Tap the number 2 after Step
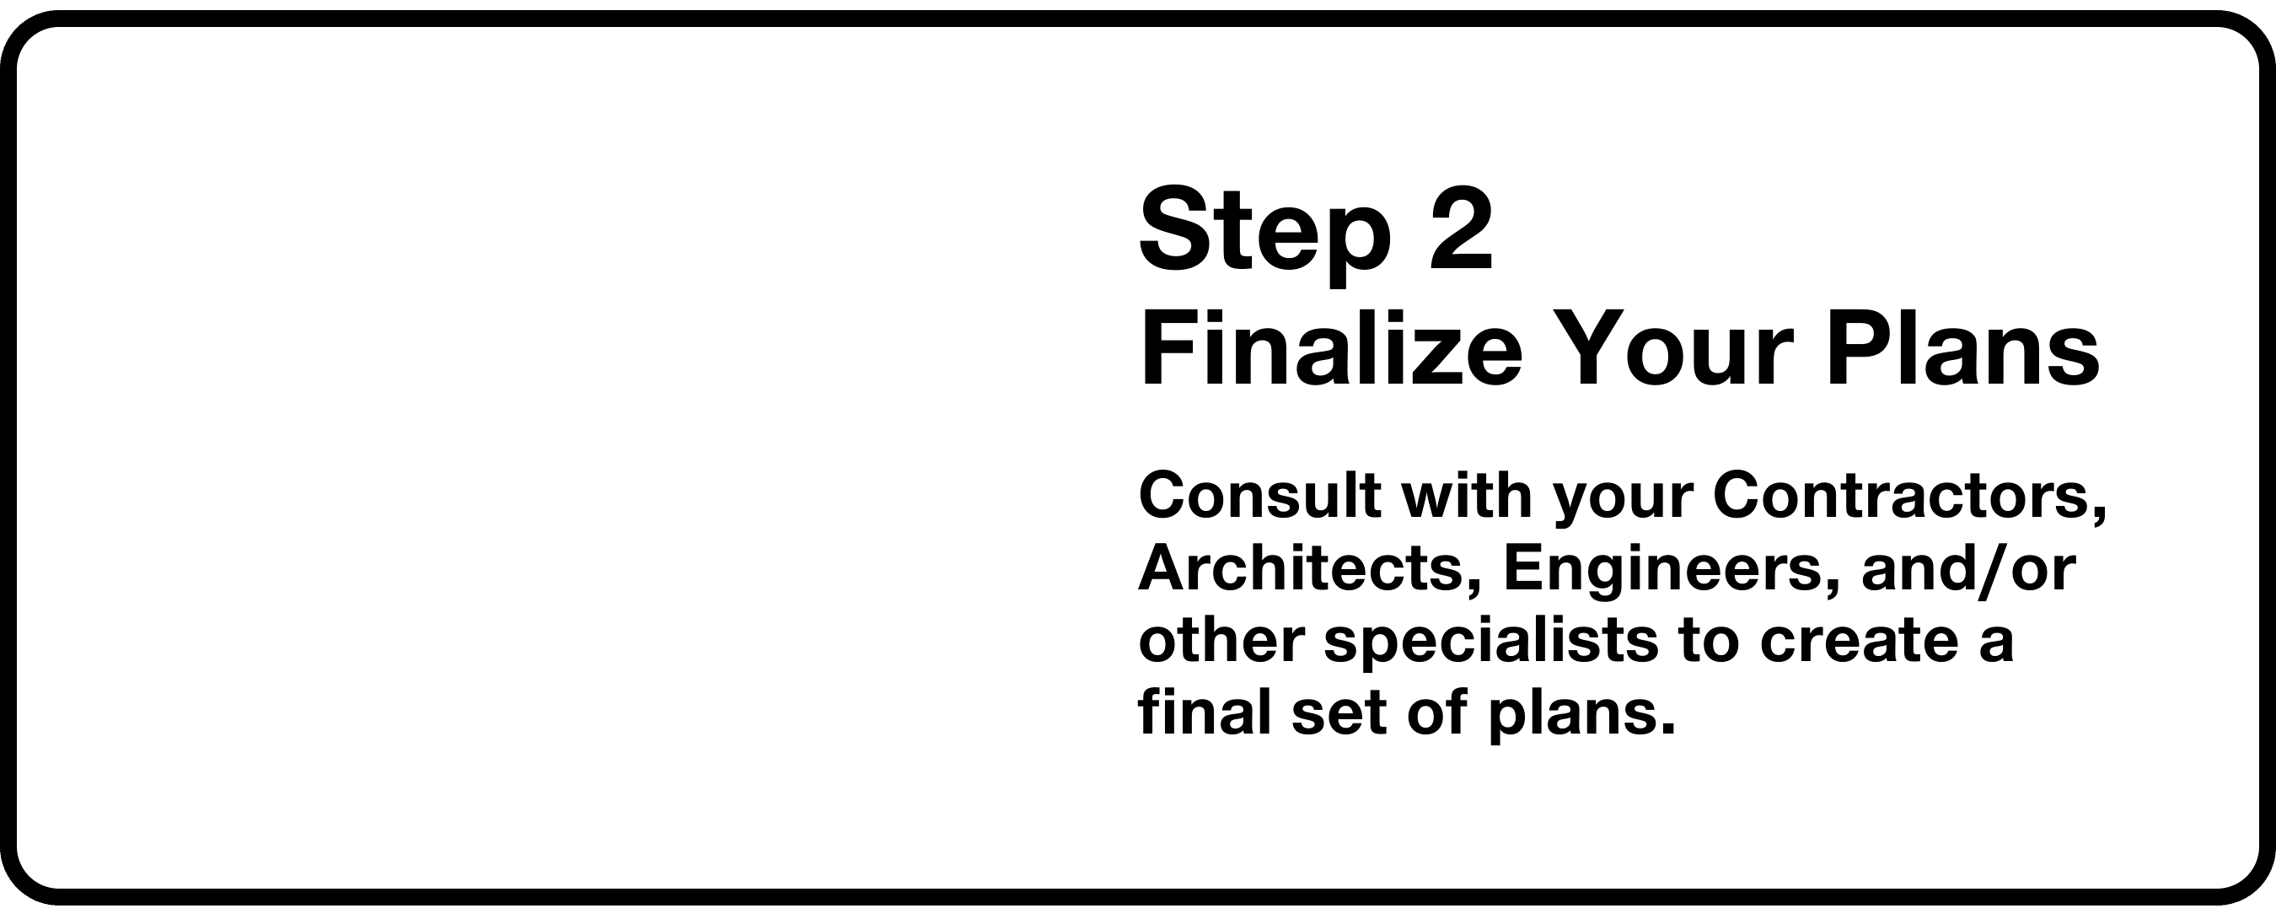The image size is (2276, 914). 1460,228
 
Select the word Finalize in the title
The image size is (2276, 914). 1330,348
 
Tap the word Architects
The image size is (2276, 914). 1299,570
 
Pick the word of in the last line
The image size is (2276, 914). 1437,712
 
